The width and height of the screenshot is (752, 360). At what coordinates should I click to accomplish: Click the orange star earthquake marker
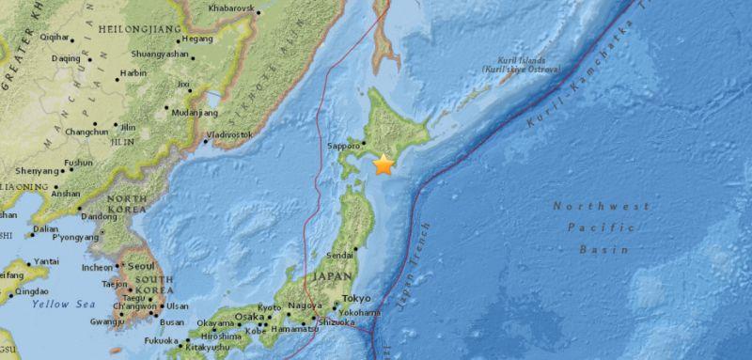(x=384, y=165)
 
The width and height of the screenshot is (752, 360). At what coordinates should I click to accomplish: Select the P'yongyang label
(x=75, y=239)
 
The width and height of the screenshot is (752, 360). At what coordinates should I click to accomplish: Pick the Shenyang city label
(x=38, y=171)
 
